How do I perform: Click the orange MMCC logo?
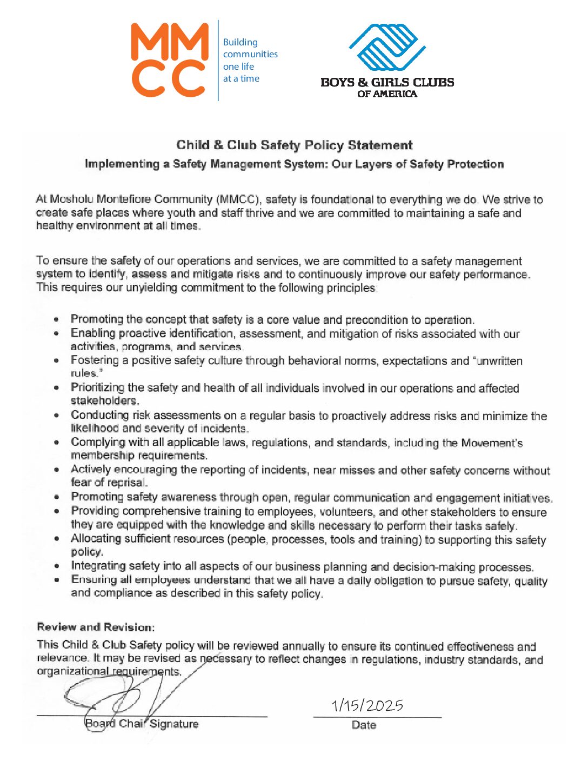tap(169, 60)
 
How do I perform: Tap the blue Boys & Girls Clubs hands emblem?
tap(387, 47)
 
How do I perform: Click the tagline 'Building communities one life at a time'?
tap(250, 60)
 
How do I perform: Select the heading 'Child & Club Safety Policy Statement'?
tap(295, 145)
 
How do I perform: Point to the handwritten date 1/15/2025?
tap(367, 705)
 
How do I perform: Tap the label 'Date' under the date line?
tap(364, 725)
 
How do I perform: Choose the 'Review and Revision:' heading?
tap(96, 627)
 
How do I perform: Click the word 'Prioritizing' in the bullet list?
tap(98, 388)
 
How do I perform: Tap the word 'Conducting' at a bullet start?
tap(100, 415)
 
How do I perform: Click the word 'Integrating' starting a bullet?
tap(98, 566)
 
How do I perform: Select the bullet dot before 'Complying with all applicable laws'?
tap(57, 443)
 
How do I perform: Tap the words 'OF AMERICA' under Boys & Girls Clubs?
tap(387, 94)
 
